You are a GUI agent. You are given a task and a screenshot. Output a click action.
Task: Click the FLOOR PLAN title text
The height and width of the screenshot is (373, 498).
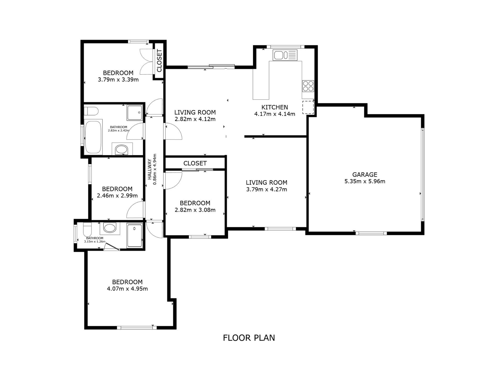pyautogui.click(x=249, y=338)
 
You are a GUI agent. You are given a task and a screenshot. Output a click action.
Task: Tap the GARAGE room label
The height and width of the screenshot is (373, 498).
pyautogui.click(x=365, y=175)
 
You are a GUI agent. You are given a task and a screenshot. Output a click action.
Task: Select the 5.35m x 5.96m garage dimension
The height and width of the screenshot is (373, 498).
pyautogui.click(x=365, y=181)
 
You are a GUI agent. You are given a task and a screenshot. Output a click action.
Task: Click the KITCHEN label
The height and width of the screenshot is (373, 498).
pyautogui.click(x=275, y=107)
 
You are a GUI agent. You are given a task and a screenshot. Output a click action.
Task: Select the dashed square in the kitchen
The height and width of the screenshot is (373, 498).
pyautogui.click(x=308, y=107)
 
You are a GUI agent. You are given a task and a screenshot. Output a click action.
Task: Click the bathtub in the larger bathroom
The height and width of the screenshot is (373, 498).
pyautogui.click(x=93, y=137)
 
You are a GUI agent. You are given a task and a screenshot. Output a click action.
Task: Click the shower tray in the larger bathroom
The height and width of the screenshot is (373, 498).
pyautogui.click(x=135, y=113)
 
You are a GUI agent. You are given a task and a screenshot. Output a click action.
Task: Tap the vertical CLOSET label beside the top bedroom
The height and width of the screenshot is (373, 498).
pyautogui.click(x=159, y=61)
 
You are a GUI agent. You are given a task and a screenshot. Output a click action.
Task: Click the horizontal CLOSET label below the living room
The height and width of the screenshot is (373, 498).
pyautogui.click(x=195, y=163)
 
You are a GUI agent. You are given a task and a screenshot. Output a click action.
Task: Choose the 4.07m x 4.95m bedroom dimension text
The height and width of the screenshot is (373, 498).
pyautogui.click(x=127, y=289)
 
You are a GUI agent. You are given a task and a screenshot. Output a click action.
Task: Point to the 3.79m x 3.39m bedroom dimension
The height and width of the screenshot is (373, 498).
pyautogui.click(x=118, y=80)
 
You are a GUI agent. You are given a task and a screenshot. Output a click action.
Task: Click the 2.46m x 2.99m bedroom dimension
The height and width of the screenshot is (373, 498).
pyautogui.click(x=117, y=196)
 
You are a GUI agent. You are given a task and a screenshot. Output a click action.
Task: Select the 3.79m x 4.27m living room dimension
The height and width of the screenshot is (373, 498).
pyautogui.click(x=267, y=189)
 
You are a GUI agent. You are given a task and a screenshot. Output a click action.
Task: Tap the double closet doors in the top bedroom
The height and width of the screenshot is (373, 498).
pyautogui.click(x=146, y=62)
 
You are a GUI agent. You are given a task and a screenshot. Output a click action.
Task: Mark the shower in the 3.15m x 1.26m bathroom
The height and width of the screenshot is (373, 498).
pyautogui.click(x=134, y=235)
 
